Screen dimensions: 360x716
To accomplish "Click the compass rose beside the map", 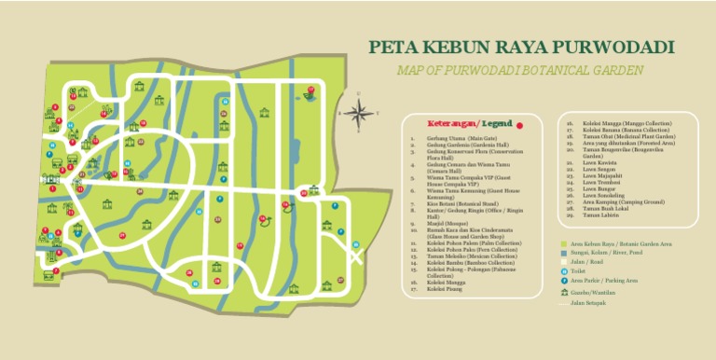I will coord(358,113).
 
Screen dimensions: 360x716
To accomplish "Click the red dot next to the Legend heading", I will coord(520,124).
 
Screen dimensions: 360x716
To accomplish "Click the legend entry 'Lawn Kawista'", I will coord(600,160).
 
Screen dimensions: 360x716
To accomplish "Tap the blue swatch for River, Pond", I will coord(563,253).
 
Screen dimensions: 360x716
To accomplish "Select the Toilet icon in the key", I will coord(563,270).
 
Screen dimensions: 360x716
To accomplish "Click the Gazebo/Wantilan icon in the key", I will coord(563,292).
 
